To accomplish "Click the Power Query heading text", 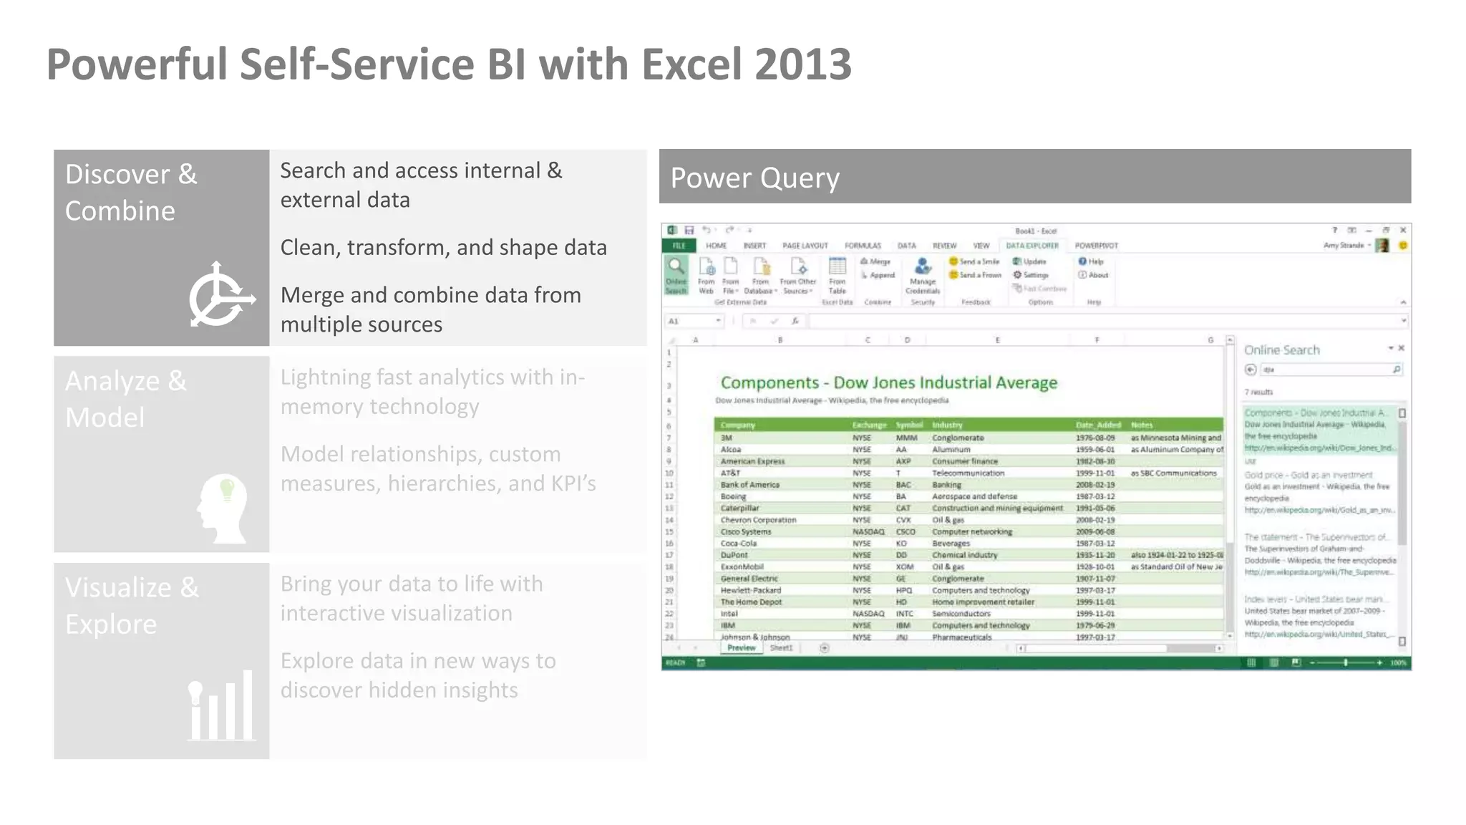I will [x=754, y=178].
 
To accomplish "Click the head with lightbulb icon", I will [x=223, y=508].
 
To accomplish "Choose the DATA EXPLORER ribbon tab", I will [x=1031, y=246].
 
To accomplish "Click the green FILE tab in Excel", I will [x=679, y=246].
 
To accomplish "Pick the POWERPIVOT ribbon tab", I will [x=1096, y=246].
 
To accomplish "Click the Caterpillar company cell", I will [x=739, y=508].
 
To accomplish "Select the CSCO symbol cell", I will [x=906, y=531].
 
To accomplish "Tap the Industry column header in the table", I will [x=947, y=425].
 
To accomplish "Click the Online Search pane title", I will [x=1281, y=350].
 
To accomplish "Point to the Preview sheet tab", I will [x=741, y=648].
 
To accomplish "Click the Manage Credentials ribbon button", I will [x=923, y=276].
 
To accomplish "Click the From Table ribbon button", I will [x=837, y=276].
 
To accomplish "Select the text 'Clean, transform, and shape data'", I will [x=443, y=248].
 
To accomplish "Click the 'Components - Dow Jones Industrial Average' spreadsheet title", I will [x=888, y=382].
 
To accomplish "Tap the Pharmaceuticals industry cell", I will [x=961, y=637].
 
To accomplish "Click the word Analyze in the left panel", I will [x=112, y=381].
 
